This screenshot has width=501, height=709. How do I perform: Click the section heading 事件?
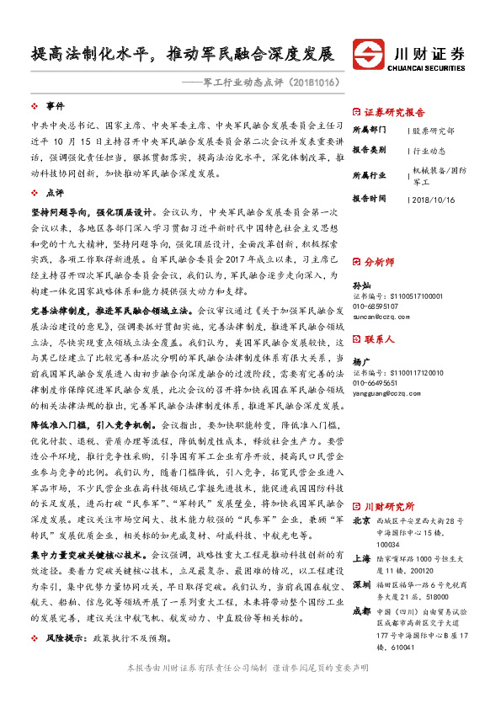55,106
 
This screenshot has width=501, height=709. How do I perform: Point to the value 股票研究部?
434,131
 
